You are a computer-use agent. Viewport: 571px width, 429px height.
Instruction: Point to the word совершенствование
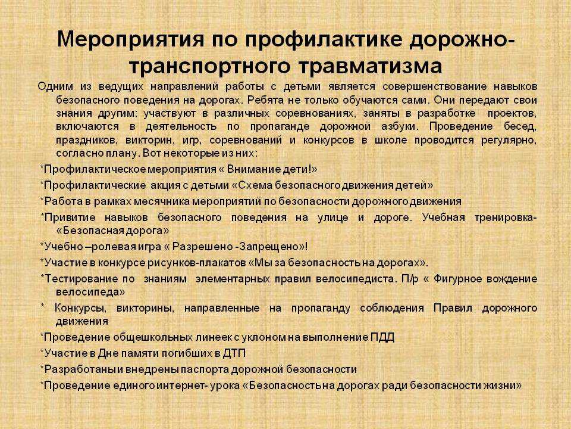434,87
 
